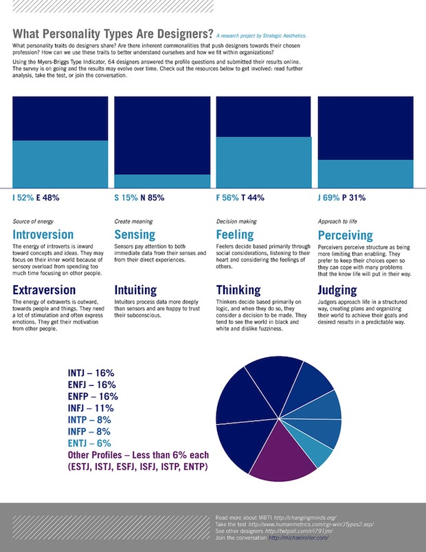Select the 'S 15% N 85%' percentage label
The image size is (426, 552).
click(x=139, y=198)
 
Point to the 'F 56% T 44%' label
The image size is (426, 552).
click(x=240, y=198)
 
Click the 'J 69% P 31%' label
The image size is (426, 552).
click(x=342, y=198)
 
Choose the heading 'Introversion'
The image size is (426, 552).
click(x=43, y=235)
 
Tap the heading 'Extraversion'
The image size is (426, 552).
click(x=44, y=290)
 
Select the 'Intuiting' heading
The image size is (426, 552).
click(x=135, y=290)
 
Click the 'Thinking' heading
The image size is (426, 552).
click(x=238, y=290)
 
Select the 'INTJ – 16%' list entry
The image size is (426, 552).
click(x=91, y=373)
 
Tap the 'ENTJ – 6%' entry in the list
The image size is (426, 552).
click(x=89, y=443)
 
